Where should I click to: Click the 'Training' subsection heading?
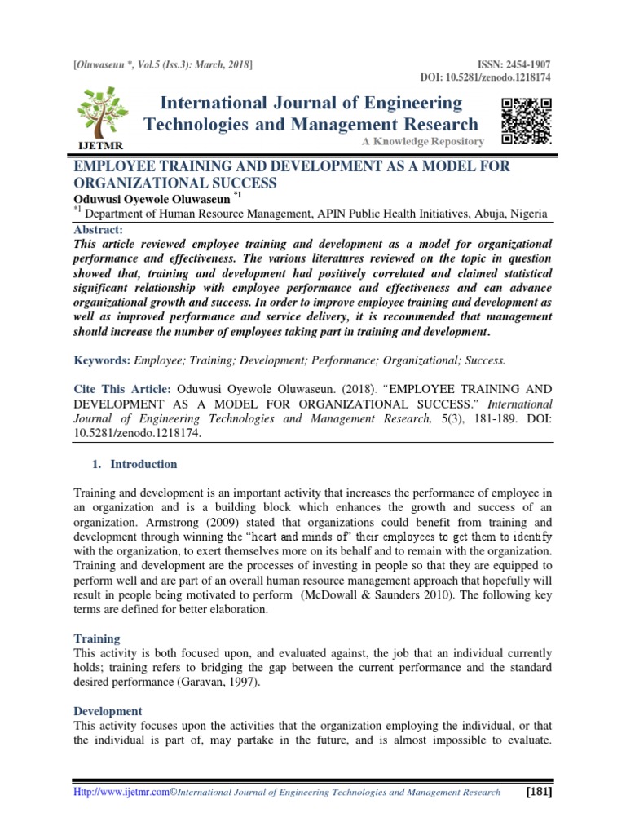(x=97, y=639)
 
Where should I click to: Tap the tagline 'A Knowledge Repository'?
(x=424, y=142)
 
